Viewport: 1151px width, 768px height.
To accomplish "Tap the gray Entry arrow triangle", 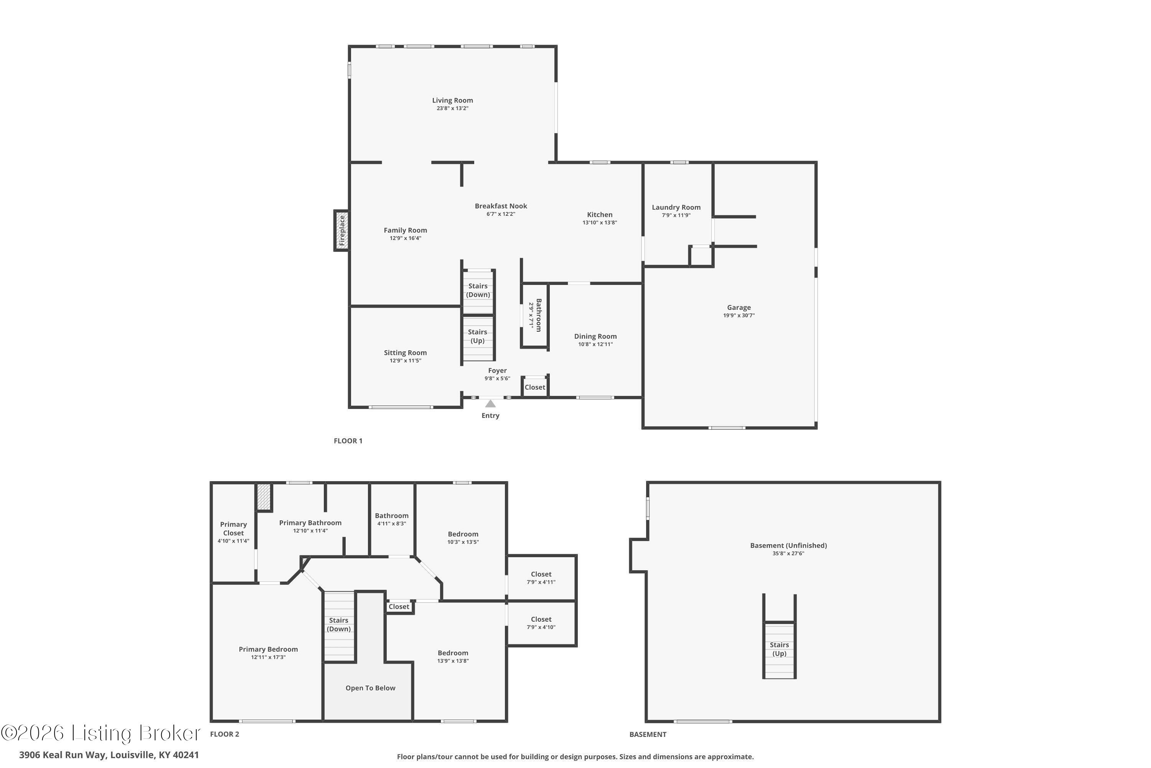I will pos(490,404).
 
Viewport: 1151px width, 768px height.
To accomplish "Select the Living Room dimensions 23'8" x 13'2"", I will pos(452,108).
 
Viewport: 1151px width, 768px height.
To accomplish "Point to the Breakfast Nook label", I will pos(501,206).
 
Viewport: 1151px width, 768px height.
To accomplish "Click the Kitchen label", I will pos(599,215).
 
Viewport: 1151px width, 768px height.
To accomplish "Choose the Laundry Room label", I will pos(676,207).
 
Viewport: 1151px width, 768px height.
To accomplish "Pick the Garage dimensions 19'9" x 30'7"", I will pos(739,315).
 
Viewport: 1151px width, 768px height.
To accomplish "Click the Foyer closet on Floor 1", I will pos(535,387).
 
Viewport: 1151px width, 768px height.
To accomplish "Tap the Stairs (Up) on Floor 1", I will pos(478,336).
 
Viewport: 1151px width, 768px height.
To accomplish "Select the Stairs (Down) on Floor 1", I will pos(478,290).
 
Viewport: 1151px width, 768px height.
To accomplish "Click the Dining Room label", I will pos(595,336).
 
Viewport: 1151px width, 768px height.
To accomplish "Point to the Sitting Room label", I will pos(405,353).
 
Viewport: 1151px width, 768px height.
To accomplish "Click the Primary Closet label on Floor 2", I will pos(233,528).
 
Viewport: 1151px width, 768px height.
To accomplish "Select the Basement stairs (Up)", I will pos(779,649).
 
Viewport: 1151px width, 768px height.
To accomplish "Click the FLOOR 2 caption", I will pos(224,734).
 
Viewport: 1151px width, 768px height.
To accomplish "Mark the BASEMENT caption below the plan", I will pos(648,734).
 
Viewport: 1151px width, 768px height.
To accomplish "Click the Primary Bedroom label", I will pos(268,649).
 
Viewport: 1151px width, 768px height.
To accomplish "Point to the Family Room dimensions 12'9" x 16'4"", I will pos(405,238).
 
